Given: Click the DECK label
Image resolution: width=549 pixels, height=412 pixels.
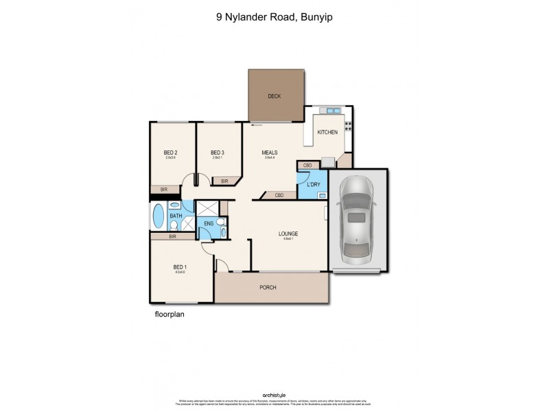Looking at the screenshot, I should pos(274,97).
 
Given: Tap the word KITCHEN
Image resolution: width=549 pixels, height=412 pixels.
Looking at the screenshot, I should pos(327,132).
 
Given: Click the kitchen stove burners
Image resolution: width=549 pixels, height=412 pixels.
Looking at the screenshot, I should pos(348,126).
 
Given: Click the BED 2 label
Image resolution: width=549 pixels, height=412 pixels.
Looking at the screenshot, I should pos(170,152).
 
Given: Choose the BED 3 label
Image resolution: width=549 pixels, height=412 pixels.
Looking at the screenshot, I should pos(218,152).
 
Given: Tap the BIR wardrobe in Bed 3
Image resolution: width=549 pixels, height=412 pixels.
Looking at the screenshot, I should pos(224,181).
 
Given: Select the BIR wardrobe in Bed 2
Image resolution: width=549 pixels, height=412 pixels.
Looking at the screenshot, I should pos(165,189).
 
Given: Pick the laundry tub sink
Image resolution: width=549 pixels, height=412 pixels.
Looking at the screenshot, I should pos(321,195).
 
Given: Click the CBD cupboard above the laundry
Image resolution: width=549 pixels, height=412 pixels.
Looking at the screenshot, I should pos(308,165).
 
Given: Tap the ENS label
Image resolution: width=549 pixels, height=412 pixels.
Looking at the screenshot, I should pos(209,225).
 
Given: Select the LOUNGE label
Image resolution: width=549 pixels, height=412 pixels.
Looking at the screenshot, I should pos(288,233).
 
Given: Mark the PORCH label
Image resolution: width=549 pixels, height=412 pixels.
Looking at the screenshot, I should pos(268,287).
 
